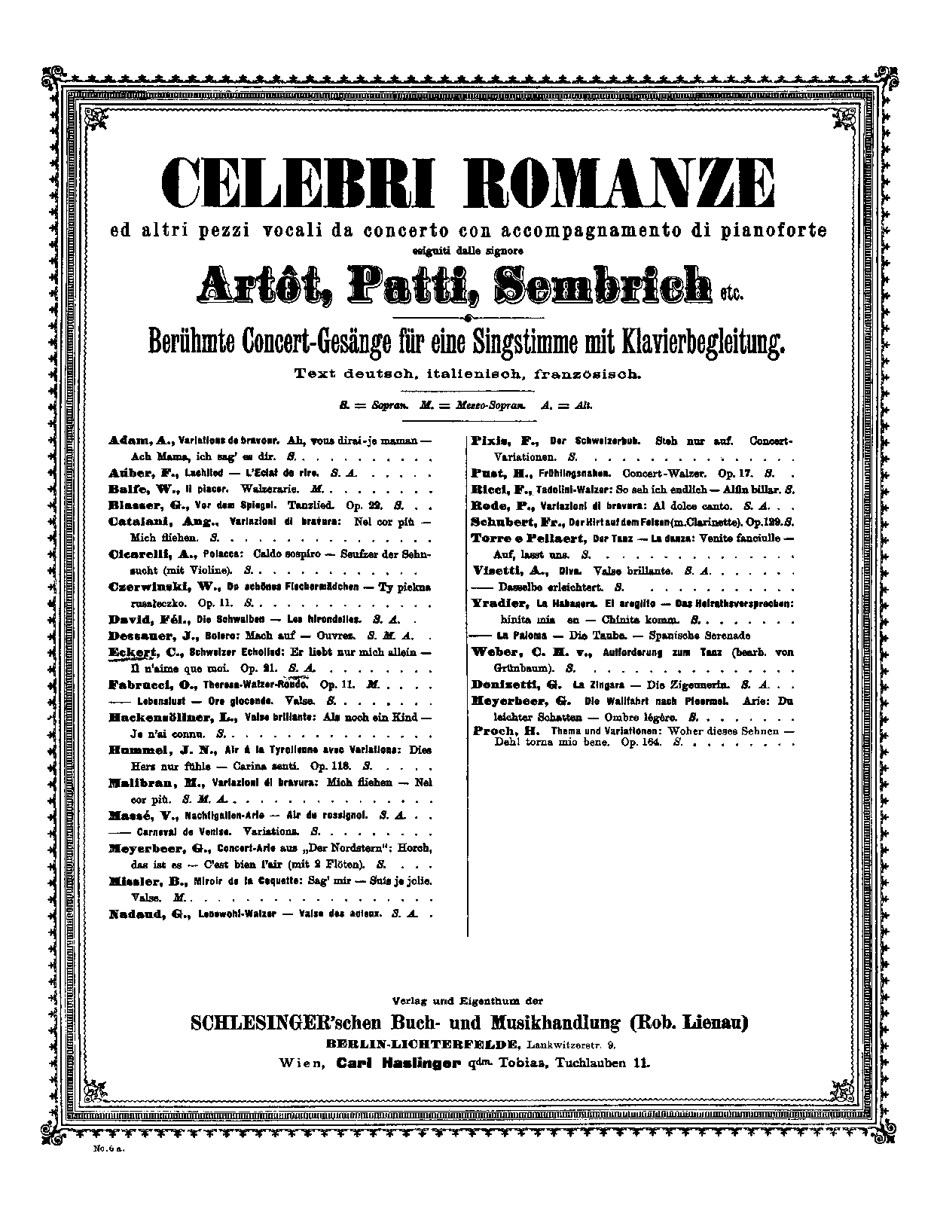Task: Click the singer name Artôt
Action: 256,285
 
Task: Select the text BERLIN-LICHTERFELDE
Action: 423,1044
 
